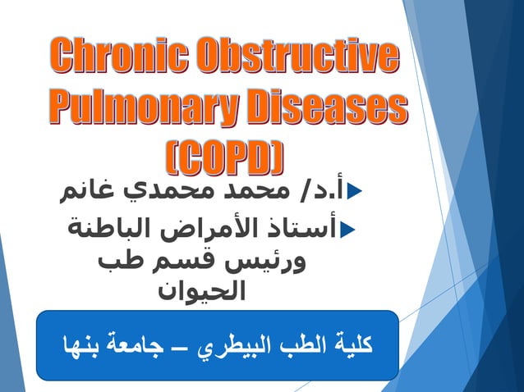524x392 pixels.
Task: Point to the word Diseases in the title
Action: coord(328,107)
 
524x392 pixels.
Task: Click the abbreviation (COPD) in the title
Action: coord(222,157)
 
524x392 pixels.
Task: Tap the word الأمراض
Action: coord(206,226)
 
